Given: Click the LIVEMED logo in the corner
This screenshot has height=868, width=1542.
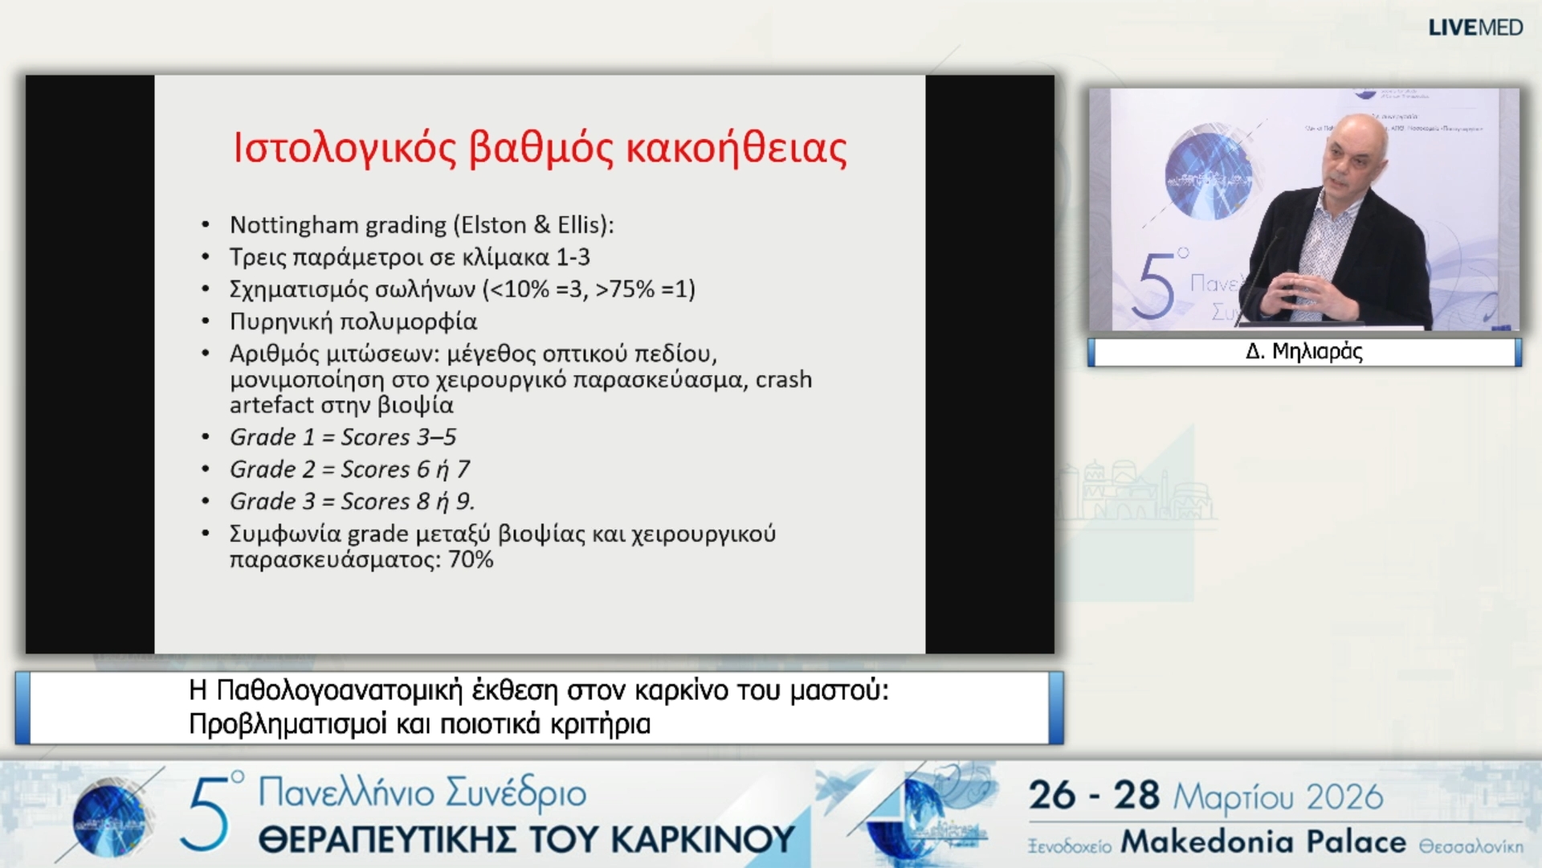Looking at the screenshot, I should [1475, 27].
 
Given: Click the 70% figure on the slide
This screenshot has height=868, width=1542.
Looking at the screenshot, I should [471, 559].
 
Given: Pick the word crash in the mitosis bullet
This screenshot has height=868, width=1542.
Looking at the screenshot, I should [783, 379].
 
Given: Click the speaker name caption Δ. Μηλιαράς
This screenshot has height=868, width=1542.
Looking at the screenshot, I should [1303, 352].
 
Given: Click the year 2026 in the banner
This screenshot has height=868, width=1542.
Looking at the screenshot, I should [1344, 797].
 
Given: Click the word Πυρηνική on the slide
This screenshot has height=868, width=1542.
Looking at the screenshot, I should [280, 321].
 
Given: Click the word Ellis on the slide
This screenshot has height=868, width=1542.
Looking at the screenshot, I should [580, 225].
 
